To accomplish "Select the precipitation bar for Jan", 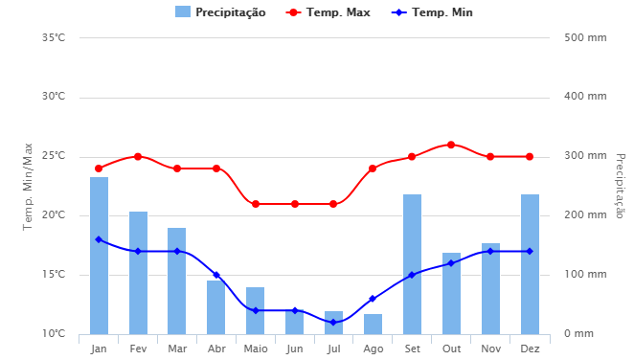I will (99, 256).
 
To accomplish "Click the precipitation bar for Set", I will (412, 264).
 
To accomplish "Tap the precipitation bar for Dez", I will (530, 264).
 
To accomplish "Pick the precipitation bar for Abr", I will (216, 307).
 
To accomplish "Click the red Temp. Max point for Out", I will (451, 145).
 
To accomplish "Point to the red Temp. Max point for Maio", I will (256, 204).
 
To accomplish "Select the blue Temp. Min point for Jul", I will (333, 323).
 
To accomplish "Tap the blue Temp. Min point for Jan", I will (99, 239).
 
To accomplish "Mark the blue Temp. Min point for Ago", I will (373, 299).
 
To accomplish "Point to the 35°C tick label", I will (54, 38).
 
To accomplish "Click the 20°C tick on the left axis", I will (54, 215).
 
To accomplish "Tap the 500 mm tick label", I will (584, 38).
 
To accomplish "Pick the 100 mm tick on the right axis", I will (584, 275).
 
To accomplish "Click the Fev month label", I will (138, 349).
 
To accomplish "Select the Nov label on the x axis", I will (490, 349).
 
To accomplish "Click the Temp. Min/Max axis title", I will (29, 187).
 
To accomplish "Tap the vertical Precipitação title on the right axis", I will (619, 186).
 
